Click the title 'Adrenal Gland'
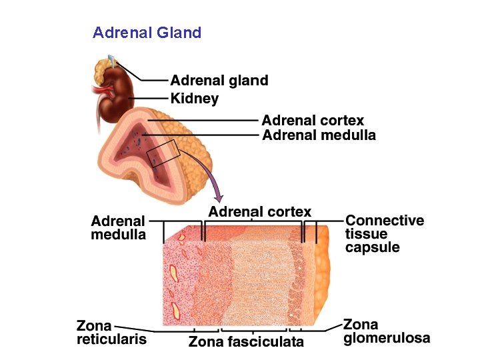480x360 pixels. tap(147, 32)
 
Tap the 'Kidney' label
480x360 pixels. tap(194, 99)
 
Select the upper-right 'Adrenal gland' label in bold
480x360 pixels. tap(219, 81)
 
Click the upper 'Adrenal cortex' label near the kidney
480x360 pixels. tap(313, 121)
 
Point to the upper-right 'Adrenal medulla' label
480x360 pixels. tap(319, 135)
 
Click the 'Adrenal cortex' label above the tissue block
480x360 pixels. tap(259, 212)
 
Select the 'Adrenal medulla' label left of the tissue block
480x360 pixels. tap(118, 227)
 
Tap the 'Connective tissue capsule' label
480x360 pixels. tap(384, 233)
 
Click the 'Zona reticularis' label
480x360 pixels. tap(111, 332)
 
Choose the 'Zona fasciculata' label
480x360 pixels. tap(246, 342)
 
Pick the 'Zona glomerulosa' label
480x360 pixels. tap(386, 331)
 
